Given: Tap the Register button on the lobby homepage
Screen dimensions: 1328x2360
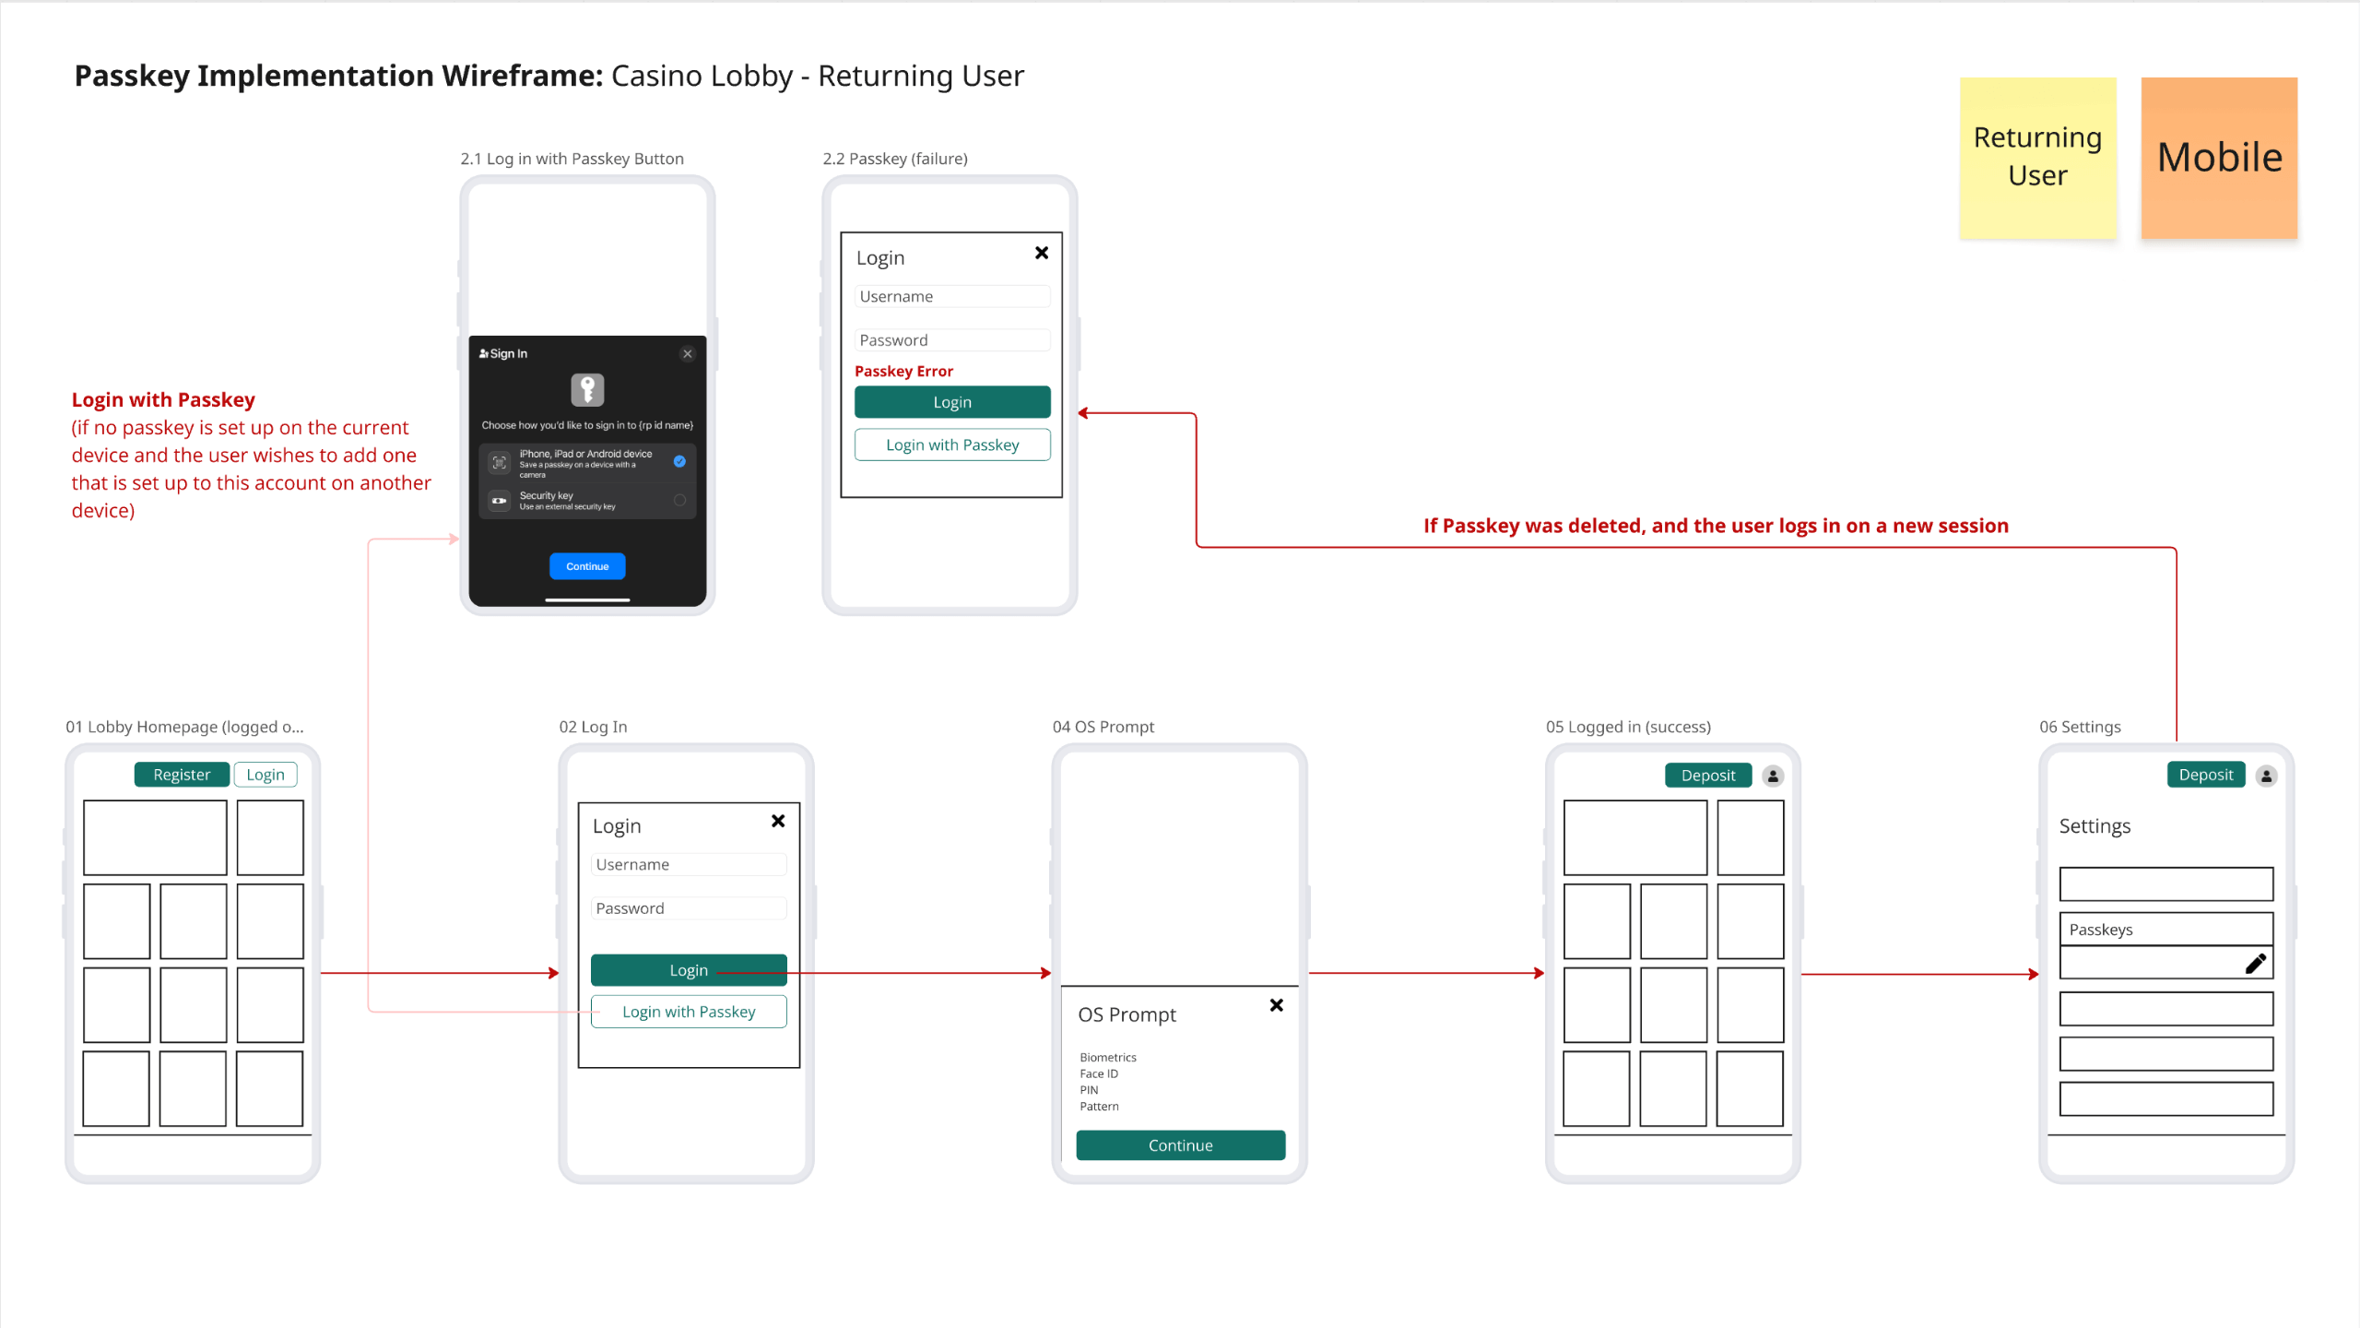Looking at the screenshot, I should (182, 775).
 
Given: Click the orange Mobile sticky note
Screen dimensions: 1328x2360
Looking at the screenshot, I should (2219, 159).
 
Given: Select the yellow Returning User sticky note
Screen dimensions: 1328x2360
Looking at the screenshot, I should (2037, 159).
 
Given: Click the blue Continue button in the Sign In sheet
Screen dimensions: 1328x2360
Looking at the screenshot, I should (587, 566).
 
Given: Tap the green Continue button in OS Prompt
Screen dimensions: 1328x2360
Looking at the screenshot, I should (1180, 1145).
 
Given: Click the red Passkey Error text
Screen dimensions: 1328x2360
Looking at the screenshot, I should (903, 371).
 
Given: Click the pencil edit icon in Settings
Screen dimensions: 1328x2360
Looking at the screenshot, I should (2255, 964).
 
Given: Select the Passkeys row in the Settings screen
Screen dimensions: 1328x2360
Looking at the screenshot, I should (2165, 930).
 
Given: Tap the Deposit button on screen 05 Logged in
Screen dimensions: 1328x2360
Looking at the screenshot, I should (1707, 776).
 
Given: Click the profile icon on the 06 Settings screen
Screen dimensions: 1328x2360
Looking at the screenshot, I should (2266, 776).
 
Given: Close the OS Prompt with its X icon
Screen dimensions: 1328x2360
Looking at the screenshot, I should (1277, 1005).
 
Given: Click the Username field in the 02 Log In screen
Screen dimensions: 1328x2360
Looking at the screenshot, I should (688, 864).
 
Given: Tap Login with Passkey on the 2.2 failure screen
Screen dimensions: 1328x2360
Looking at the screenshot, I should (952, 445).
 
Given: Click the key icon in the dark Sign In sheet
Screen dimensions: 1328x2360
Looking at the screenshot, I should (587, 389).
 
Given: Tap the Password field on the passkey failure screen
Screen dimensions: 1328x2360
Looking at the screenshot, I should (952, 340).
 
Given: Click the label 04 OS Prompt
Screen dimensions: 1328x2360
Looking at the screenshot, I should (1103, 727).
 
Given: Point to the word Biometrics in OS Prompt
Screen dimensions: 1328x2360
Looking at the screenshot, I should (1108, 1057).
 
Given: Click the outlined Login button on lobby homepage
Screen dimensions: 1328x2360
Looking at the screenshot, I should (265, 775).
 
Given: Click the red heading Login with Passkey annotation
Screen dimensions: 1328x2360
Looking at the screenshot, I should (163, 399).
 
